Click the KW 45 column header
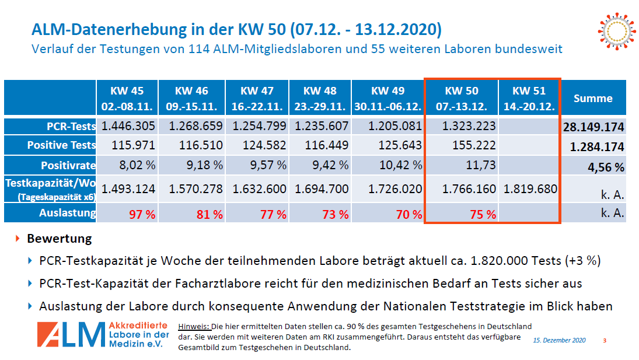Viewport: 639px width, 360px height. tap(127, 98)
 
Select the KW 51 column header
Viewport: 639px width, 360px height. tap(529, 98)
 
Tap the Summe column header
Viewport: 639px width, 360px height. tap(593, 98)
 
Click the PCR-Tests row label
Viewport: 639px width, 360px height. tap(71, 126)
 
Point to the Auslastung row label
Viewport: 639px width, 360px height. tap(67, 213)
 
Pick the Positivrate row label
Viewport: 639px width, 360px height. tap(68, 165)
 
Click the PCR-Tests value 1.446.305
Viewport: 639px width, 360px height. tap(128, 126)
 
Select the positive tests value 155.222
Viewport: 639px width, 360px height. tap(474, 145)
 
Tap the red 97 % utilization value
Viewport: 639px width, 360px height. tap(142, 214)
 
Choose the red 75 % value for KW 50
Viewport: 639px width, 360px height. tap(483, 214)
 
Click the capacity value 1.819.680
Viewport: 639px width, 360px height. tap(530, 189)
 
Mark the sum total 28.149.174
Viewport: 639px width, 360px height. tap(593, 127)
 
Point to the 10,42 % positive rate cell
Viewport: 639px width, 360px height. tap(400, 165)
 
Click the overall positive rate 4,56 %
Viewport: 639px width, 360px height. tap(606, 167)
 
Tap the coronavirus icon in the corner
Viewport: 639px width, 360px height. tap(617, 32)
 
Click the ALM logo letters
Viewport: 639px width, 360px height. tap(71, 334)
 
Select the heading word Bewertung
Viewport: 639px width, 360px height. tap(60, 238)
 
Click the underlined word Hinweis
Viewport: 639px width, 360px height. tap(194, 327)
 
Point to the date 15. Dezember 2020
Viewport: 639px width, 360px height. tap(559, 340)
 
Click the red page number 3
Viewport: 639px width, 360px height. tap(605, 340)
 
